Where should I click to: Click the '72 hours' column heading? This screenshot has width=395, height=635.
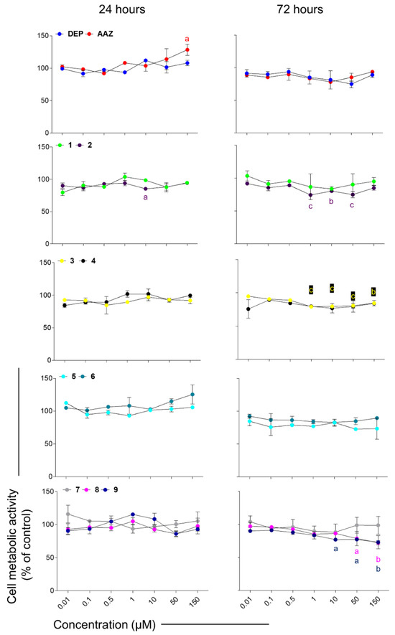[303, 9]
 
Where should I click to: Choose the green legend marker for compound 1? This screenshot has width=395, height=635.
[60, 146]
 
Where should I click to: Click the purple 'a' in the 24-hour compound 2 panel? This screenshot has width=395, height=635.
[146, 198]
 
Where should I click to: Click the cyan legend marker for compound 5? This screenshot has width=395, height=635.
[60, 376]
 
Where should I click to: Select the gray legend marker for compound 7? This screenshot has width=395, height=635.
[60, 491]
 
